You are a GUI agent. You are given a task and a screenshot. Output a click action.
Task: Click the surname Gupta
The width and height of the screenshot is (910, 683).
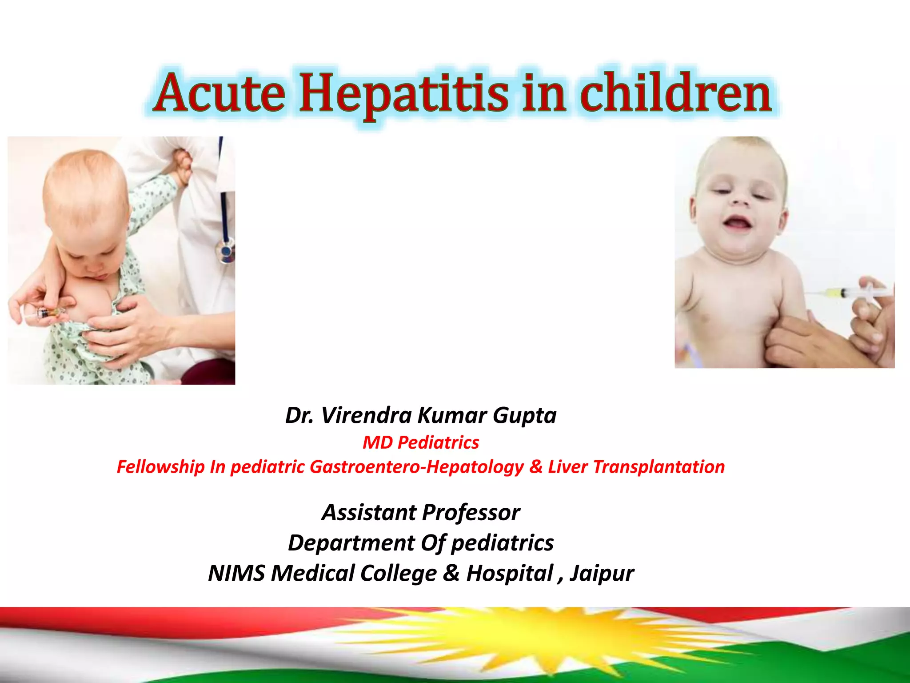click(x=524, y=415)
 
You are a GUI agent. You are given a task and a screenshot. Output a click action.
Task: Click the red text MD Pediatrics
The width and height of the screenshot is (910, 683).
click(x=421, y=442)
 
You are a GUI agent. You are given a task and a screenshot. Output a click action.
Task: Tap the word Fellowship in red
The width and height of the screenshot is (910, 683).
click(x=160, y=467)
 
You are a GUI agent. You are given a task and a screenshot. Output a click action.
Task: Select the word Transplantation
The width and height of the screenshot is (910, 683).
click(x=659, y=467)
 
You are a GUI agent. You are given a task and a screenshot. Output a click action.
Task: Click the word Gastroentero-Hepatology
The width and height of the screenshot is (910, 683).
click(x=417, y=467)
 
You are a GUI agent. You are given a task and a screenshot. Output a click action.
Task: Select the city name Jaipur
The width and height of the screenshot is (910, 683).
click(x=602, y=573)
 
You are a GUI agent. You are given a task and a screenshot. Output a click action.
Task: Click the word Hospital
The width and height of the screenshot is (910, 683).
click(x=509, y=573)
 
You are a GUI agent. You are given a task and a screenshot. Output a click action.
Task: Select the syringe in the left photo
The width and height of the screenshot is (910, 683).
click(x=44, y=313)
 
